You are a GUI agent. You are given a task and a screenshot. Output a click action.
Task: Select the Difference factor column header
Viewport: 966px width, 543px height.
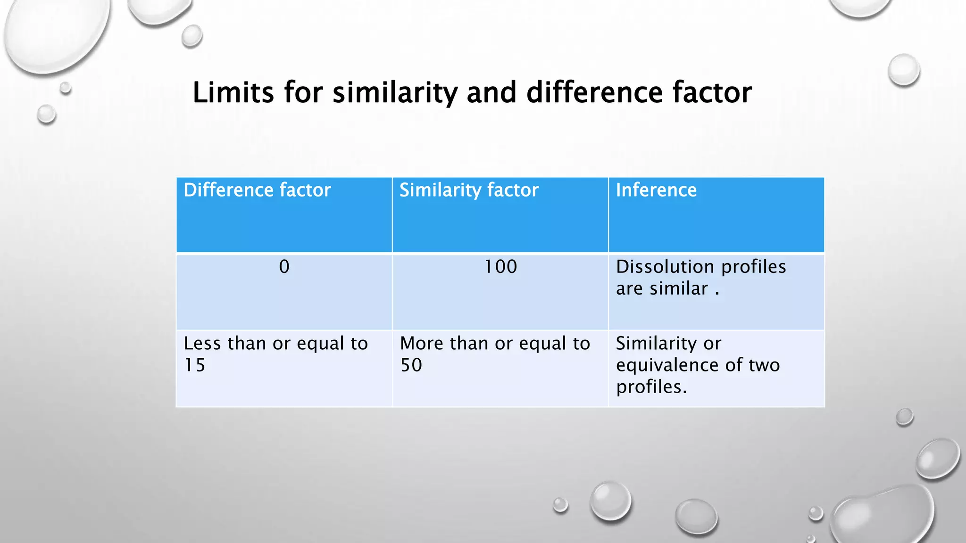pos(257,190)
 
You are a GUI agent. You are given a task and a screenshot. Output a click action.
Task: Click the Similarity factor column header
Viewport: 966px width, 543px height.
pos(469,190)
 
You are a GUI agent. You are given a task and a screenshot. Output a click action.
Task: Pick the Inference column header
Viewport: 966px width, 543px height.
pos(656,190)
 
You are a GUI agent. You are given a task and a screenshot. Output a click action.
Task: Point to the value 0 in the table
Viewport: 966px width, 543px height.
pos(284,267)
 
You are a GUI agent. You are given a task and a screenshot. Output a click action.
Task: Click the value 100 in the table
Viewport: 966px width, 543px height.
pos(500,267)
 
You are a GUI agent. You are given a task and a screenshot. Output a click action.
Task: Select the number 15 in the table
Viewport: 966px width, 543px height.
pos(195,365)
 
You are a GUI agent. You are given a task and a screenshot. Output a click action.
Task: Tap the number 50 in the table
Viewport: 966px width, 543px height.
pos(411,365)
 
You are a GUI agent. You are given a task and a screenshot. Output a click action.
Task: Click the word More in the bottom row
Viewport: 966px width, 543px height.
pos(421,344)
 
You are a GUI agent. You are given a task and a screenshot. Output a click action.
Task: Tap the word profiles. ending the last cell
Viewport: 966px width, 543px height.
pos(651,387)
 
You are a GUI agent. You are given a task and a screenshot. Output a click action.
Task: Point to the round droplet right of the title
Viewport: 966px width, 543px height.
pos(904,70)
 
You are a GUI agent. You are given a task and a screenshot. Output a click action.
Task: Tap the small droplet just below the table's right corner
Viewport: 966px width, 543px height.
pos(904,417)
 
